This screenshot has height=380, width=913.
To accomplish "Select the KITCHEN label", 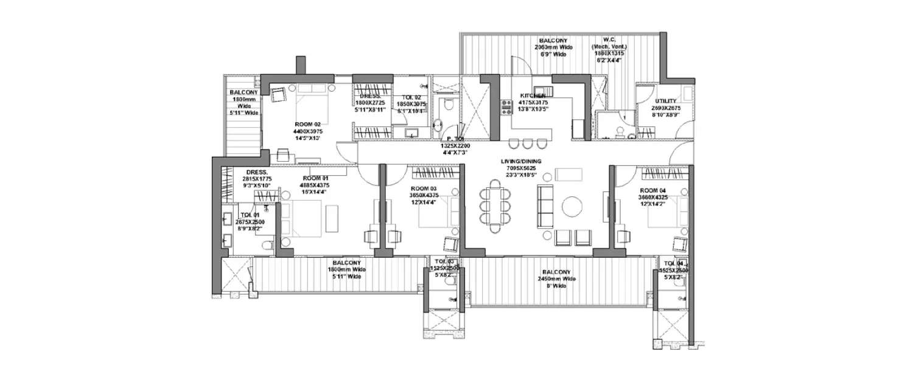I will coord(533,95).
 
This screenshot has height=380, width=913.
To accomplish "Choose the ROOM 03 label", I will coord(425,188).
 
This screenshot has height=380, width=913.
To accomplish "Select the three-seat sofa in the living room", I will coord(544,205).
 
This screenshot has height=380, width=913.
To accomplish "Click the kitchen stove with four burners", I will coord(506,107).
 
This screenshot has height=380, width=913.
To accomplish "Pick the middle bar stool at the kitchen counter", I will coord(527,144).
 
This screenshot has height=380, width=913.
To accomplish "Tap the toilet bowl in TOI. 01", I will coord(266,245).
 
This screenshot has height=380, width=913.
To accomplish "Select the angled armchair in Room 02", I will coord(278,95).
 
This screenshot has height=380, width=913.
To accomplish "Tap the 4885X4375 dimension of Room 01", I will coord(315,185).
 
